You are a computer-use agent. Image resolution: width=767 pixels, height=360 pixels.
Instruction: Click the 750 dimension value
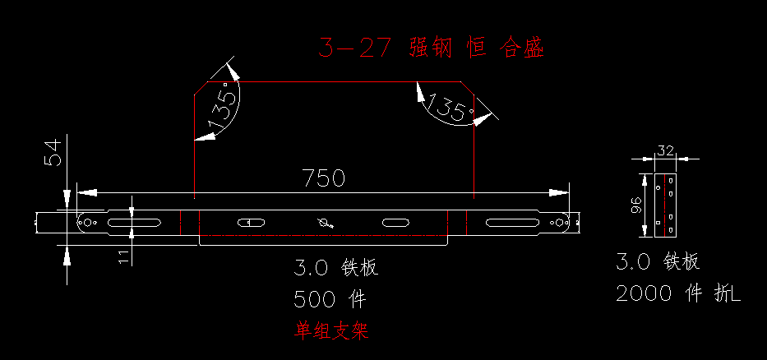[324, 178]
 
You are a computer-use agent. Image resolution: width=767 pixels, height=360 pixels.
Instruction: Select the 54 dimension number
[53, 153]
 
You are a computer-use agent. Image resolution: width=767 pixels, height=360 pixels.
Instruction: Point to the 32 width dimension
[665, 150]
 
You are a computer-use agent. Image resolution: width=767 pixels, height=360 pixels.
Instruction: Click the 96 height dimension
[635, 205]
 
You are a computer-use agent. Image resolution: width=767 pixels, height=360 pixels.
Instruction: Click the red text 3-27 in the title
[354, 48]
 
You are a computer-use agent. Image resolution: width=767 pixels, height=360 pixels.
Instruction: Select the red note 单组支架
[332, 330]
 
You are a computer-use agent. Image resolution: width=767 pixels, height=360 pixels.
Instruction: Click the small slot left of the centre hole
[250, 222]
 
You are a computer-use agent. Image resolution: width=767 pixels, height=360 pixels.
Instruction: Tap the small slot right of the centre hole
[394, 222]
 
